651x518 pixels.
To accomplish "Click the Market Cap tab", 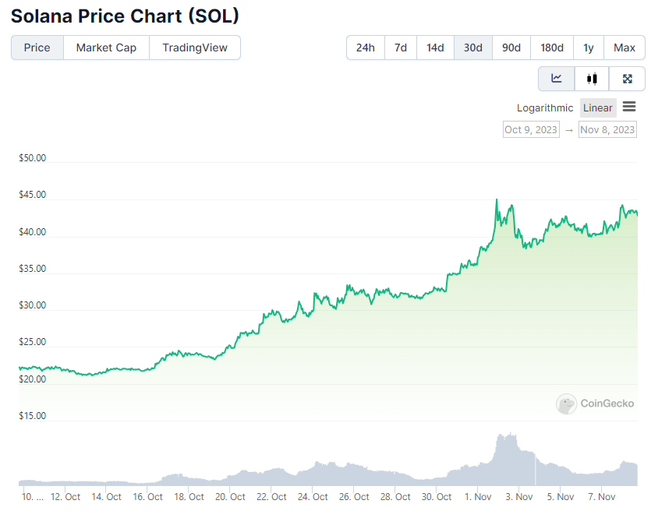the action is point(106,48).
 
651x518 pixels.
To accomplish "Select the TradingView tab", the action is point(195,48).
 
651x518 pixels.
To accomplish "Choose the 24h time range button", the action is point(366,48).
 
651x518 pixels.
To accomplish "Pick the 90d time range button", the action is point(511,48).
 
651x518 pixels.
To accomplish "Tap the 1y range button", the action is point(589,48).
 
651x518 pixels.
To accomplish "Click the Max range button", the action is point(624,48).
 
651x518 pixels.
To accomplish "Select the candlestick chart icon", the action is point(592,79).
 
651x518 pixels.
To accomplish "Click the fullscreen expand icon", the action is point(628,79).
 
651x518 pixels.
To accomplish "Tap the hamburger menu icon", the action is point(629,107).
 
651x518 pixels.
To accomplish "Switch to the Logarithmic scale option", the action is point(545,107).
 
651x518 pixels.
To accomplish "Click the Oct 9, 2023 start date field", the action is point(531,129).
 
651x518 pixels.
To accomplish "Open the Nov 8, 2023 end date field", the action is point(607,129).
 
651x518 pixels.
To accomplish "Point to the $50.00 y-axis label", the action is point(33,158).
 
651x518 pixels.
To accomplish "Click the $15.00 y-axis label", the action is point(33,415).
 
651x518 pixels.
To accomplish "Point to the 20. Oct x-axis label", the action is point(230,496).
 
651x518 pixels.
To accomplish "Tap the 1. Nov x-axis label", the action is point(478,496).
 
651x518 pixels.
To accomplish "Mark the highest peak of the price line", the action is point(497,199).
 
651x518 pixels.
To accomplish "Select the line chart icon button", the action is point(557,79).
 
